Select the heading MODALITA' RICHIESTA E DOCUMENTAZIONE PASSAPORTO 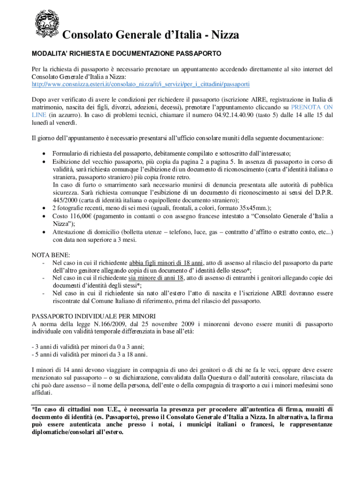(126, 54)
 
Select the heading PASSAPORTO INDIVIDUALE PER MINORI (93, 316)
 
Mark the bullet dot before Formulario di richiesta (43, 153)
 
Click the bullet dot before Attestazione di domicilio (43, 232)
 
